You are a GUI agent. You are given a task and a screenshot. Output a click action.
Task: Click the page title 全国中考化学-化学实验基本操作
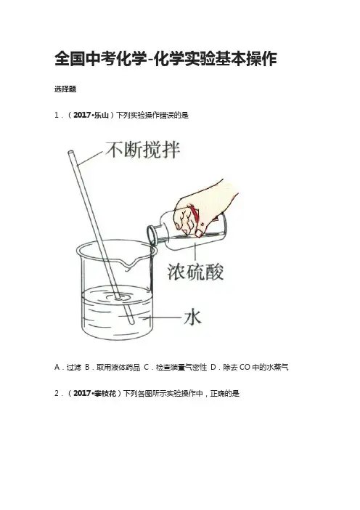pos(165,59)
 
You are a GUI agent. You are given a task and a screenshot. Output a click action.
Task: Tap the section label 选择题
pos(65,89)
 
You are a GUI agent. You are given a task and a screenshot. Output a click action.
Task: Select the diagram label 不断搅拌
pos(143,150)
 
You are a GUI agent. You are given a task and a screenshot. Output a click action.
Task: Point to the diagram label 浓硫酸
pos(195,272)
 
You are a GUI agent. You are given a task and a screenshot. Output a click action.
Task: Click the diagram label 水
pos(192,317)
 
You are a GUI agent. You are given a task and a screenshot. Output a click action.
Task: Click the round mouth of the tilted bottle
pos(152,235)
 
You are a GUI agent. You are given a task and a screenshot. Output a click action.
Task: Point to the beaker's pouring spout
pos(129,264)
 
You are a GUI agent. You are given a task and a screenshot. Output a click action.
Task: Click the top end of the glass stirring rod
pos(70,152)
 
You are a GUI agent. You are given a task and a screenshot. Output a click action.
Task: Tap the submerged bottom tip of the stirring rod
pos(131,322)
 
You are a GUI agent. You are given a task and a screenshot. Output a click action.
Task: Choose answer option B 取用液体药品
pos(112,368)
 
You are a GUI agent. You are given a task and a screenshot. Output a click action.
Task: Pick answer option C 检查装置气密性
pos(176,368)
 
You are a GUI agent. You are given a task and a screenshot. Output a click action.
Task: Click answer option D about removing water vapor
pos(250,368)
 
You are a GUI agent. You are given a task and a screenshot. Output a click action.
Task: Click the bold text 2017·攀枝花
pos(94,394)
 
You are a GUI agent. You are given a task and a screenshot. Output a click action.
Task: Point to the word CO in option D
pos(245,368)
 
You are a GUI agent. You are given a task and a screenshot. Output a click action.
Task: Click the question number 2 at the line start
pos(57,394)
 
